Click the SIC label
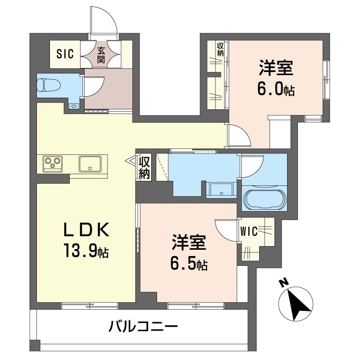tap(65, 54)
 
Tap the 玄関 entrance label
tap(101, 55)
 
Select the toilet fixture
tap(49, 85)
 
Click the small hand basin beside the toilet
tap(74, 106)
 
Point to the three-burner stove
tap(53, 164)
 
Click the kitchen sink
tap(90, 164)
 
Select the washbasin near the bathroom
tap(221, 190)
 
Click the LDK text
tap(86, 230)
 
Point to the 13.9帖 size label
tap(86, 251)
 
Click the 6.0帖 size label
tap(276, 89)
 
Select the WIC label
tap(249, 231)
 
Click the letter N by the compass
tap(284, 283)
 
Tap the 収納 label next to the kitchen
tap(144, 168)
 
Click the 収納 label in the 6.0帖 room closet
tap(220, 49)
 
